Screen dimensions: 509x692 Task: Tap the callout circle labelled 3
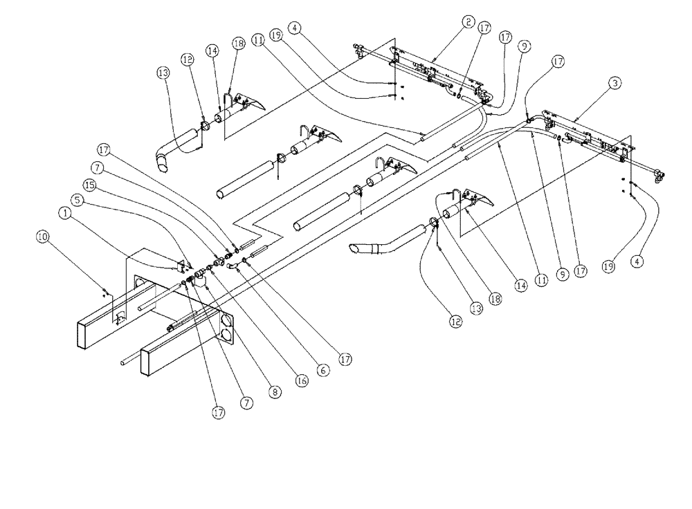(614, 82)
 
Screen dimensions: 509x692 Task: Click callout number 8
(275, 391)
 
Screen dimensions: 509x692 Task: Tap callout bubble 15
(89, 185)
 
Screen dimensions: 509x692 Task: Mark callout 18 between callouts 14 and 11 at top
(239, 42)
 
